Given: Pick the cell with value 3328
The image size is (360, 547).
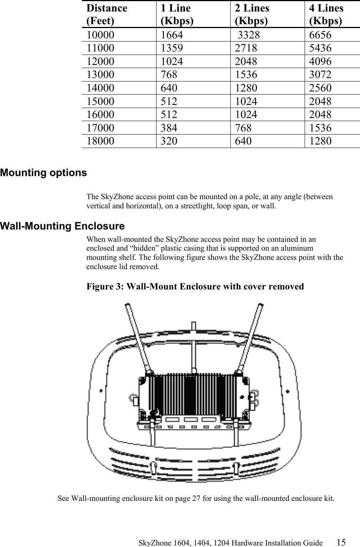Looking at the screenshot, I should (248, 35).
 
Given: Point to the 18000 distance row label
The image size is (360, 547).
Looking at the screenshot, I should (100, 141).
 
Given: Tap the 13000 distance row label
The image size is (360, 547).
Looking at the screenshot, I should (100, 75).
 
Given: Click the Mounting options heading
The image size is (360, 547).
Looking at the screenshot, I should (43, 173).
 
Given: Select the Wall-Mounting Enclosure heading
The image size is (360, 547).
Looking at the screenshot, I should (62, 226).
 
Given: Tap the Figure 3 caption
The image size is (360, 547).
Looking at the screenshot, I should (195, 287).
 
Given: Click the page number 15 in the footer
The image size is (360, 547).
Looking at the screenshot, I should (341, 542).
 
